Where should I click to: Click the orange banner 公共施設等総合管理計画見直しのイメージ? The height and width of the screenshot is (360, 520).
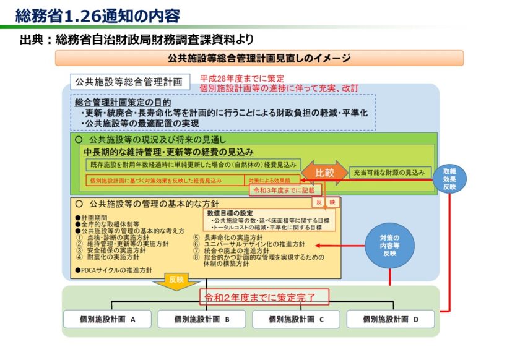pos(259,59)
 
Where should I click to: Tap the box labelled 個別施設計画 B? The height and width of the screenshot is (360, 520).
pos(202,319)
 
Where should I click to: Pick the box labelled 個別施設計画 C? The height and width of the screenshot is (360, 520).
pos(296,319)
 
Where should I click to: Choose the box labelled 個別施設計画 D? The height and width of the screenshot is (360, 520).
pos(390,319)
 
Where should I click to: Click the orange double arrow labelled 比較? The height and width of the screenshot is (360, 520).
pos(324,173)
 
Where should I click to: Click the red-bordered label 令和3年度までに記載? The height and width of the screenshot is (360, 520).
pos(277,191)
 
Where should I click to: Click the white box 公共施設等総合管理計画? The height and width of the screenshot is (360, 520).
pos(129,82)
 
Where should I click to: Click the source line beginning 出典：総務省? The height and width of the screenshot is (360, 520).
pos(136,40)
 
